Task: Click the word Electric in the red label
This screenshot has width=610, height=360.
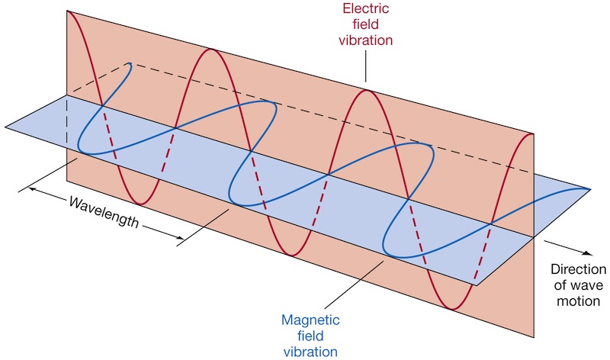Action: pos(365,10)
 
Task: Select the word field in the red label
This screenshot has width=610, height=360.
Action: pos(365,24)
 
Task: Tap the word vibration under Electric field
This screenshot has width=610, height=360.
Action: pos(365,40)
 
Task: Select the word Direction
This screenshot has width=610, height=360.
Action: pos(577,269)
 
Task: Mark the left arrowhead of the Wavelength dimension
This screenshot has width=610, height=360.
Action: pos(31,186)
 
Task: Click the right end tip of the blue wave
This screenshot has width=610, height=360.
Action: pos(589,188)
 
